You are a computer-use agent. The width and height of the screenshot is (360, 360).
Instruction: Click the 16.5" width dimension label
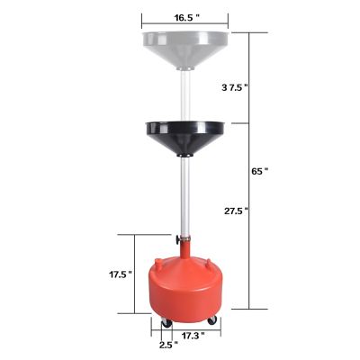click(x=184, y=16)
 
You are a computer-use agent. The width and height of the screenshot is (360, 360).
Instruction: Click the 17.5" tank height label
click(x=119, y=274)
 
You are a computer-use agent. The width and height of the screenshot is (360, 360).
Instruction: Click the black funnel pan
click(x=186, y=136)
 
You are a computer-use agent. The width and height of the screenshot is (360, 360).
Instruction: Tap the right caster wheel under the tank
click(x=211, y=321)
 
